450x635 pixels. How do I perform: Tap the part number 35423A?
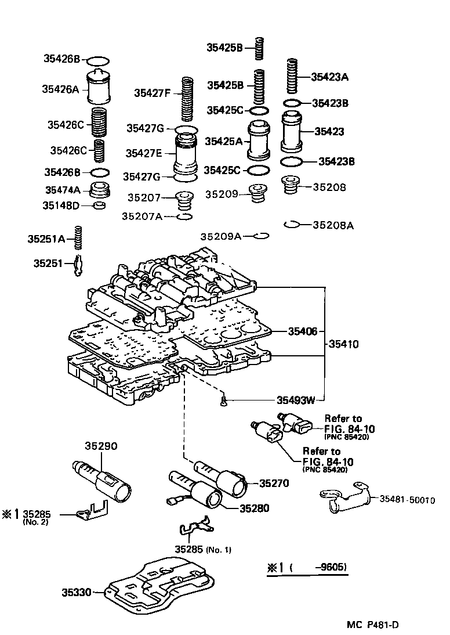pos(330,76)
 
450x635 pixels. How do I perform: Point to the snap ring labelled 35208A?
pos(291,225)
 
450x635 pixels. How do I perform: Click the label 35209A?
pos(220,236)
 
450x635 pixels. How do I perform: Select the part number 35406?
pos(303,331)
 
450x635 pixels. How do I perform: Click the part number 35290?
pos(101,446)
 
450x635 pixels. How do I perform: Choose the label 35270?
pos(274,482)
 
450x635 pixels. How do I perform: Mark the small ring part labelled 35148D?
pos(100,205)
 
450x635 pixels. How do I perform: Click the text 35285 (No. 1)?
pos(202,550)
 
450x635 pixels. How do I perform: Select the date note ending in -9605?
pos(308,568)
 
